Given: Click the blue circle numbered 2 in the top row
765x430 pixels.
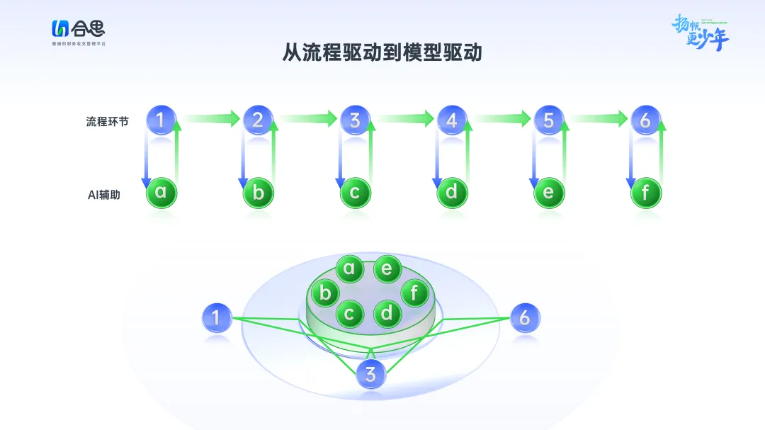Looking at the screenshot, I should [x=258, y=120].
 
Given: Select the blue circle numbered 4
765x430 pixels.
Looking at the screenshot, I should [x=452, y=120].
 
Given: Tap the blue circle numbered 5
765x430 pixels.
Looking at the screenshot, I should [x=549, y=120].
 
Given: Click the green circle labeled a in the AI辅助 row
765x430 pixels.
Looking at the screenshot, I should [x=161, y=192].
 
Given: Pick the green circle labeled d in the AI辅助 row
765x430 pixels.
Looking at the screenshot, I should [x=452, y=192].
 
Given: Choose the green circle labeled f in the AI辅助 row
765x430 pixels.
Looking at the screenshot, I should [x=645, y=192].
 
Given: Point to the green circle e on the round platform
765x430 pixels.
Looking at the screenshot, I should [x=387, y=268].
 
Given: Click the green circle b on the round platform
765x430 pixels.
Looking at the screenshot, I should [x=325, y=292].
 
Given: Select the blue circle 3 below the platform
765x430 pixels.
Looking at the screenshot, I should [x=370, y=373].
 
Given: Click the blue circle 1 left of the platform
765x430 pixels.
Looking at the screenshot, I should [x=217, y=317].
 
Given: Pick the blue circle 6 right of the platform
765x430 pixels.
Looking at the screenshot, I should [x=524, y=317].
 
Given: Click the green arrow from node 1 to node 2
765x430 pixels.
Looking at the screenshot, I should [x=210, y=118].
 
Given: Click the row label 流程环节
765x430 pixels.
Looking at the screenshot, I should [x=108, y=121].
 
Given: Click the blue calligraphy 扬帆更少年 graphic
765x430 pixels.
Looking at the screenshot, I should [x=700, y=33].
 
